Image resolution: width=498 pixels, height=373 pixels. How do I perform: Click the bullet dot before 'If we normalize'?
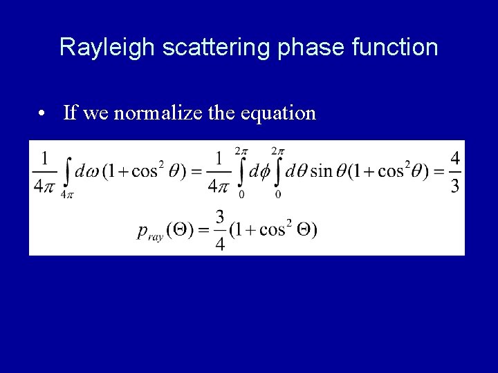(x=43, y=113)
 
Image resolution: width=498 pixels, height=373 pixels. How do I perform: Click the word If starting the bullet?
(x=69, y=112)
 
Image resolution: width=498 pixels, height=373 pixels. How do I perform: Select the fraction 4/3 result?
(x=454, y=173)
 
